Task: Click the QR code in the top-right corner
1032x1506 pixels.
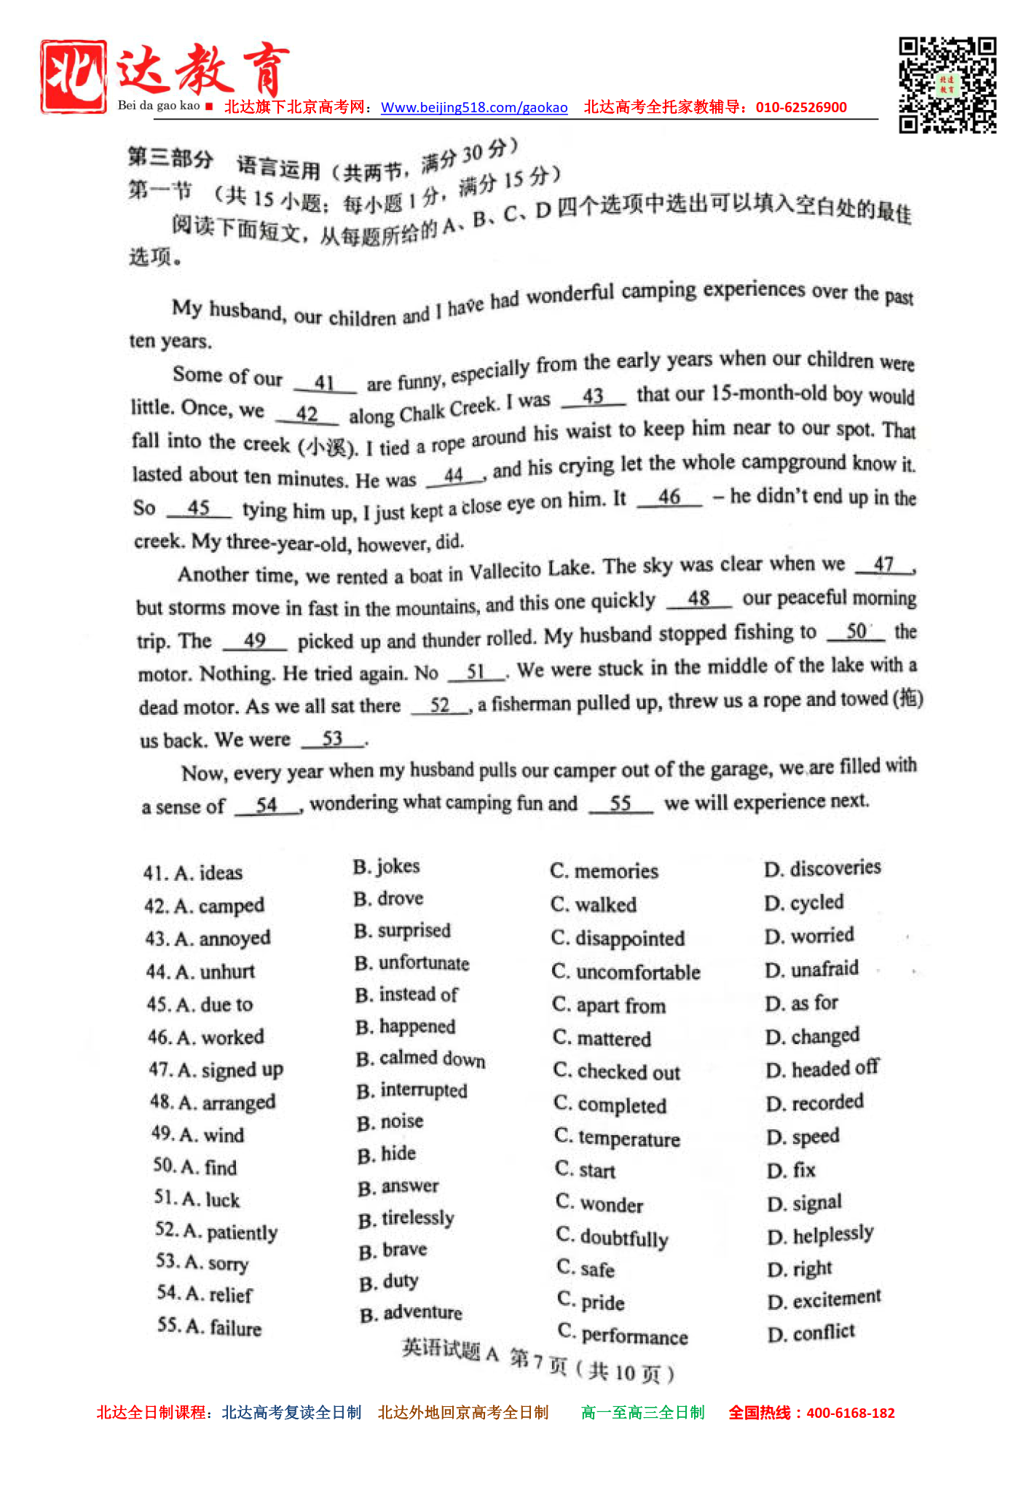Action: click(x=947, y=85)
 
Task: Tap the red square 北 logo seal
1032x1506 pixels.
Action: click(x=74, y=77)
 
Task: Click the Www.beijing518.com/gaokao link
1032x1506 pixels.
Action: click(x=474, y=108)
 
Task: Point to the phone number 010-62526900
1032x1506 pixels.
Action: click(x=801, y=107)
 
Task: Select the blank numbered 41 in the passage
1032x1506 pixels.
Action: click(x=325, y=383)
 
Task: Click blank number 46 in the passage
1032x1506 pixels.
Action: click(x=669, y=497)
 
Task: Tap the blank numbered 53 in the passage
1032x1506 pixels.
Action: click(x=332, y=738)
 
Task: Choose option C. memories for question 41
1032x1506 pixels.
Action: click(x=604, y=871)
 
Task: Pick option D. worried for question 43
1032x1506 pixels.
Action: click(x=809, y=936)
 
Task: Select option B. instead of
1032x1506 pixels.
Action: click(x=406, y=995)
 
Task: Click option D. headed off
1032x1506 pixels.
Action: click(x=822, y=1069)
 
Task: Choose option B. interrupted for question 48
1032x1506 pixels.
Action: click(x=412, y=1091)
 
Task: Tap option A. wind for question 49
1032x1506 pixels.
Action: click(x=198, y=1134)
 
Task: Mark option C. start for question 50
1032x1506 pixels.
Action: click(x=586, y=1170)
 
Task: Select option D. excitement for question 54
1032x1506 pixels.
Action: click(x=824, y=1300)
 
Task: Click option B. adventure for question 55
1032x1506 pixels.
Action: click(x=411, y=1313)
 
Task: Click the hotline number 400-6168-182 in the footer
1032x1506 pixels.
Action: click(x=850, y=1413)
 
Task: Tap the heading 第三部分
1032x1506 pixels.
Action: click(x=170, y=157)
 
